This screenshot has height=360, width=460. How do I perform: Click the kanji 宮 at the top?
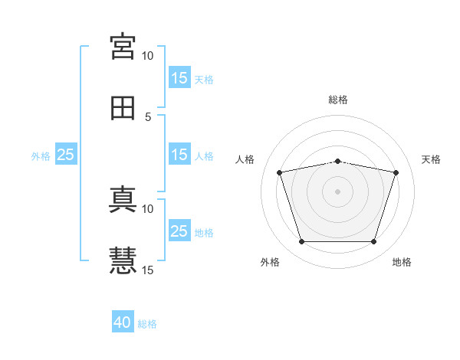click(123, 47)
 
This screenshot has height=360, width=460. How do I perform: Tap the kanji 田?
click(123, 108)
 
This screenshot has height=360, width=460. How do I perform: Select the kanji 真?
click(123, 199)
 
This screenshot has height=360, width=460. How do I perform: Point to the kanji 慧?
click(123, 260)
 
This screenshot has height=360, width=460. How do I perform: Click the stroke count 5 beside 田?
click(148, 117)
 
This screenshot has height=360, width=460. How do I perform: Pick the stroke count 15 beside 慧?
click(147, 270)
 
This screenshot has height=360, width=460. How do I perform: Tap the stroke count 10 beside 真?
click(147, 209)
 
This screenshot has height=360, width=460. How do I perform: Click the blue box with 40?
click(123, 321)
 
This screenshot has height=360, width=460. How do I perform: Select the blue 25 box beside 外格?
click(66, 154)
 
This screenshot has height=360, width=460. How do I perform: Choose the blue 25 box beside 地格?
click(180, 230)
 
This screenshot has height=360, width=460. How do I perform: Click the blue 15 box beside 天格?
click(180, 77)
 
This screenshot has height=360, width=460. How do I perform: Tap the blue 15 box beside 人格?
click(180, 154)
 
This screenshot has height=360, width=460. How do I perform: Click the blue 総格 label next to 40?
click(147, 324)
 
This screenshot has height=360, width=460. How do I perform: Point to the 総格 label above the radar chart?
click(338, 100)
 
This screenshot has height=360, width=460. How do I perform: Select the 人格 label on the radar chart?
click(245, 159)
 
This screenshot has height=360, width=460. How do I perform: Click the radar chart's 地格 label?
click(402, 262)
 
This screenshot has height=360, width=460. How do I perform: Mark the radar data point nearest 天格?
click(396, 172)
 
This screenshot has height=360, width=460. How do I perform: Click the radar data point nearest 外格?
click(302, 242)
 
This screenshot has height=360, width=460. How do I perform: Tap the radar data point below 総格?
click(337, 162)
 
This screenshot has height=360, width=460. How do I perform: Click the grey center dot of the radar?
click(337, 191)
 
